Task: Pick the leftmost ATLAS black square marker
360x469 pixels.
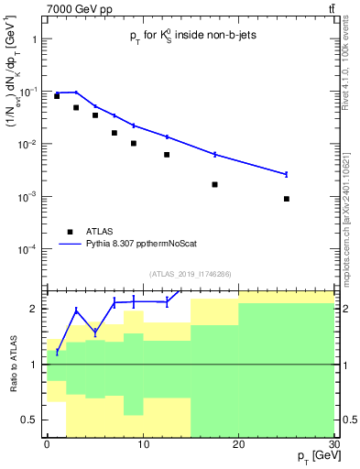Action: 57,96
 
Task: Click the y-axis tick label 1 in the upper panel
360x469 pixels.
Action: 36,39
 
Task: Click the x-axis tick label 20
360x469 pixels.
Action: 238,443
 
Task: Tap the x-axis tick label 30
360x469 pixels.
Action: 333,443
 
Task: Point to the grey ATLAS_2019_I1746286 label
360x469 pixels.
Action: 191,273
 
